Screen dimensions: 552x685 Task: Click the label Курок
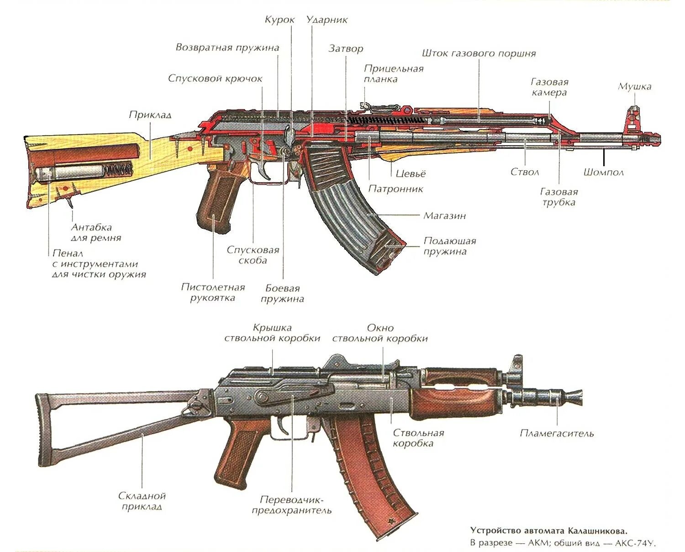point(279,20)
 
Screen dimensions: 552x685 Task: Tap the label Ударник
point(327,20)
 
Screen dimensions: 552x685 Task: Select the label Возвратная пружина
point(227,47)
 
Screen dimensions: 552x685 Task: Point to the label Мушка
point(634,86)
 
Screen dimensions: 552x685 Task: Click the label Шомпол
point(603,172)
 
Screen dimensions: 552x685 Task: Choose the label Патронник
point(395,189)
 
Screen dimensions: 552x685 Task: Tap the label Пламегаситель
point(557,433)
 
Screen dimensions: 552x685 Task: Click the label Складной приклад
point(142,501)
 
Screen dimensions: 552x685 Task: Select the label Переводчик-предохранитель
point(292,505)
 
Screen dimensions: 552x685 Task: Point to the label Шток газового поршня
point(479,53)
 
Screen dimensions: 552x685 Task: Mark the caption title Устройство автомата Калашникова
point(548,531)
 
